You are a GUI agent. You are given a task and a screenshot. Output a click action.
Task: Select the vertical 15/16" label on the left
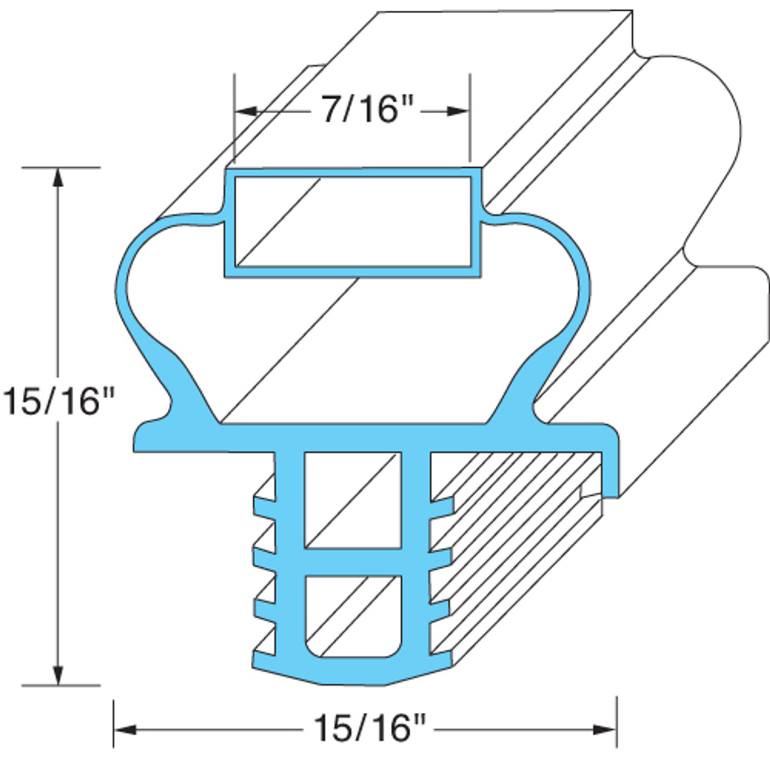(x=58, y=401)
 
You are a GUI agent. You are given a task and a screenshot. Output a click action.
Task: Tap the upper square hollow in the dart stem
(x=353, y=499)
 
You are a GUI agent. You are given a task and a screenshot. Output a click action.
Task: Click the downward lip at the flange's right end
(x=611, y=475)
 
